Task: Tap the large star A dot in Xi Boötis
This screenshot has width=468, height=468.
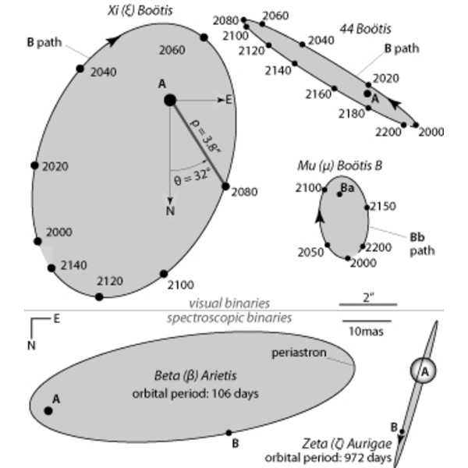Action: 169,100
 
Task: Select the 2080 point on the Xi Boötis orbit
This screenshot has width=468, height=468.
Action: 226,186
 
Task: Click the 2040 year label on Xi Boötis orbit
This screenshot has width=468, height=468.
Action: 102,72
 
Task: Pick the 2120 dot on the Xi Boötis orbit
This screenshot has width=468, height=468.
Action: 99,296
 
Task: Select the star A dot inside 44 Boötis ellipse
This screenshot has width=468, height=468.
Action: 367,92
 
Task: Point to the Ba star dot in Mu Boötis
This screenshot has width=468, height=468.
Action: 340,193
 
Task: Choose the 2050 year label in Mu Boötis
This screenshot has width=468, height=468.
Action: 310,253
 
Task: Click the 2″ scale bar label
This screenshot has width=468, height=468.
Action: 367,296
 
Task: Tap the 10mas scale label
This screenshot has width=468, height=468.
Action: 367,331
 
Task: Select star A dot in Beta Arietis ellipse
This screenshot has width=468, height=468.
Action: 48,410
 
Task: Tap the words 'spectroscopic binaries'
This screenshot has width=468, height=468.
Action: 229,317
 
